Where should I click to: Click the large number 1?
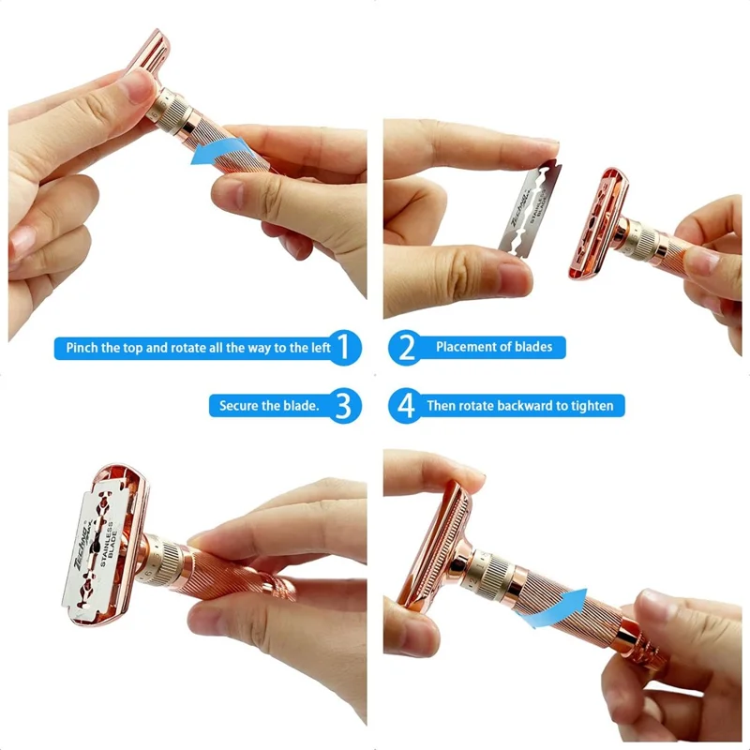click(346, 348)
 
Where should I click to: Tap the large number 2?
click(406, 348)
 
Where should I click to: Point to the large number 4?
click(406, 406)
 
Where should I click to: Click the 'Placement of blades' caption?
click(494, 348)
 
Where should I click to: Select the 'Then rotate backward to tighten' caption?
click(520, 406)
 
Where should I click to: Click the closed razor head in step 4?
click(427, 544)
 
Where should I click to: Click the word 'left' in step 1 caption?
click(320, 348)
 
